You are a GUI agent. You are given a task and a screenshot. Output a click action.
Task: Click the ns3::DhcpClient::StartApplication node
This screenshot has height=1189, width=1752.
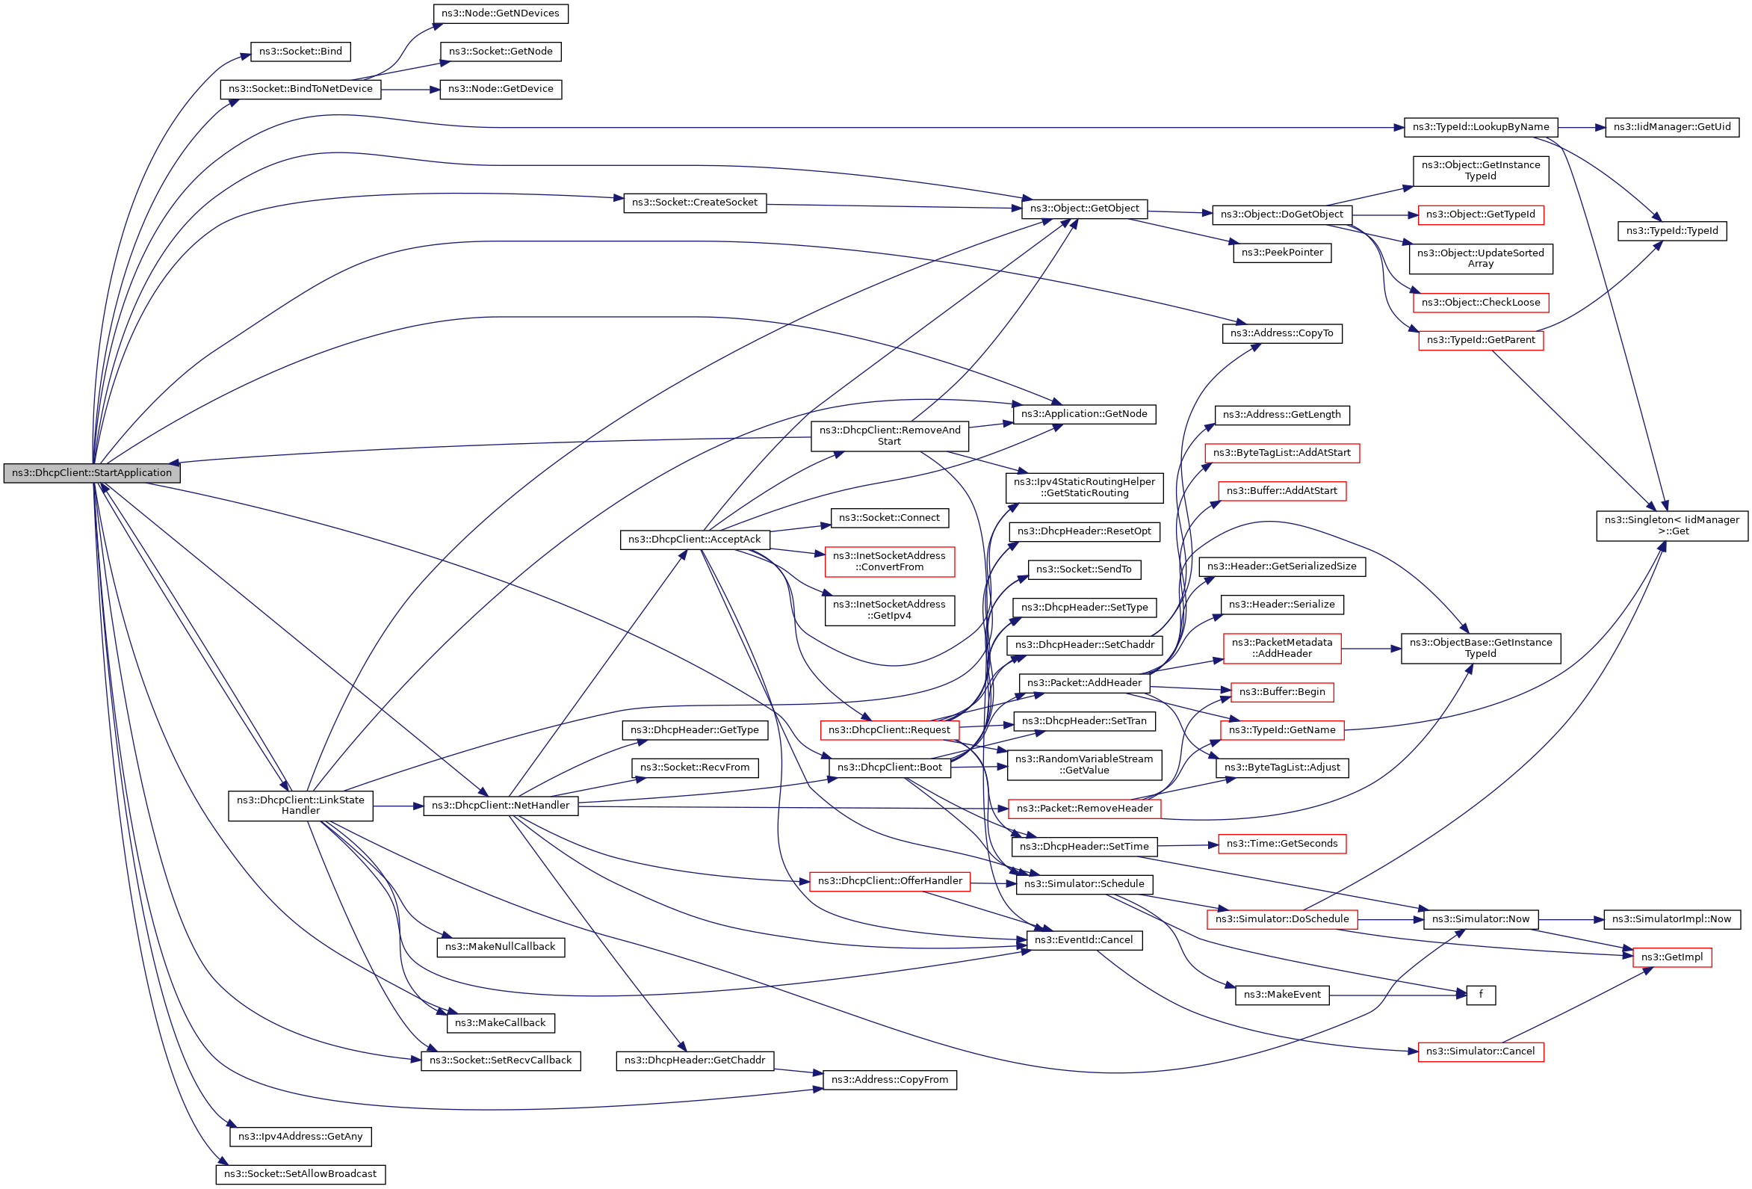(92, 473)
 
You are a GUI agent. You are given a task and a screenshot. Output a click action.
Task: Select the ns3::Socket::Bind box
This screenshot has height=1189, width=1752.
(300, 52)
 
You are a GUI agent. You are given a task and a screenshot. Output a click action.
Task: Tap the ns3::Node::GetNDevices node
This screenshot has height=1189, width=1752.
(500, 13)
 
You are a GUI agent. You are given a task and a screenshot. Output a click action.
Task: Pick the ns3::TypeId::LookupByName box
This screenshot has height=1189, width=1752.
(1480, 126)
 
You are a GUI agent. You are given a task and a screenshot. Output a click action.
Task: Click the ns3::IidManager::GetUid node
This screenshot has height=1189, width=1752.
(1671, 126)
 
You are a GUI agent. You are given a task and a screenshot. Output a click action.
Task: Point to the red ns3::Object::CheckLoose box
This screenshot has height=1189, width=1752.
(1480, 303)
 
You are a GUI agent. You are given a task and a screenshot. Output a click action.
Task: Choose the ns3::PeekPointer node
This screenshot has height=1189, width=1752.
(1281, 253)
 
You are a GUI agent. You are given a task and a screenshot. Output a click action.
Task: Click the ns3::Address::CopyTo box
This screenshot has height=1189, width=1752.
(1281, 333)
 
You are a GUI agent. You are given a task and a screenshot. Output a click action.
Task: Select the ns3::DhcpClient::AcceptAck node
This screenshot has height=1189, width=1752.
(694, 539)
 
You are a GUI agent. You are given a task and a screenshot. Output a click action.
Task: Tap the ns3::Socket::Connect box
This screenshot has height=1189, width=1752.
(889, 518)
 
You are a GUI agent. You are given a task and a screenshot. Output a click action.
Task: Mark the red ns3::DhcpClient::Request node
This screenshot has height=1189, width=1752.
(889, 730)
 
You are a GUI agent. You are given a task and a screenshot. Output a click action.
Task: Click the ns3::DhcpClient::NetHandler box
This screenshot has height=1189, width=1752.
(501, 805)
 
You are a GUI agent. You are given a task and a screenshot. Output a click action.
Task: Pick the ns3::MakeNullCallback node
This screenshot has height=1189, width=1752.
(500, 947)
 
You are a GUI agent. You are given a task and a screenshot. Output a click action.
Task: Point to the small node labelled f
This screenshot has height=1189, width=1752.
(1480, 995)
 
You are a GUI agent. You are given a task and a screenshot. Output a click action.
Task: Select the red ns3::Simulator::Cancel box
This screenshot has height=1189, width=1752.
(1480, 1051)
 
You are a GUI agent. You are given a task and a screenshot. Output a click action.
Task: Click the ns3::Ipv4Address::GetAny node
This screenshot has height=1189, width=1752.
(300, 1136)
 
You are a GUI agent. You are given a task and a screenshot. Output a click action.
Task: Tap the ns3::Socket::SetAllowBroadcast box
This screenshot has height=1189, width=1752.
(300, 1174)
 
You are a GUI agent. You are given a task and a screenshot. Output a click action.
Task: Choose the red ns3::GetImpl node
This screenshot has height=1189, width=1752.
(1671, 957)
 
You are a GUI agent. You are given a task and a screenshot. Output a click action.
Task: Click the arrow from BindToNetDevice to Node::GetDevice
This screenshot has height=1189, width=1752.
(410, 90)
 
